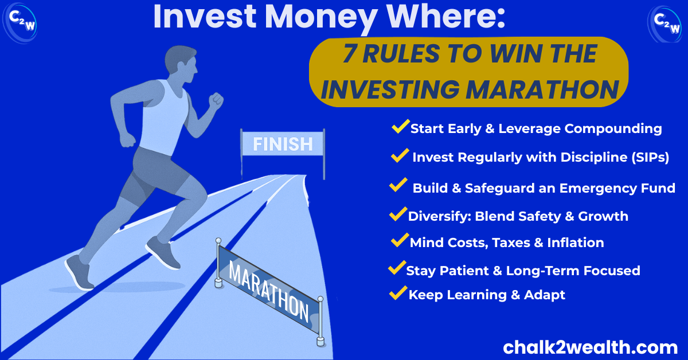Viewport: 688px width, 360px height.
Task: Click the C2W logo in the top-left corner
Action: click(20, 23)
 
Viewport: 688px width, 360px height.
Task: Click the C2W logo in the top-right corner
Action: click(664, 24)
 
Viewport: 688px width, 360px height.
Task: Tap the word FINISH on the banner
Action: click(283, 144)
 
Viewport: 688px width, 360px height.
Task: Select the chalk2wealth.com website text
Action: click(590, 347)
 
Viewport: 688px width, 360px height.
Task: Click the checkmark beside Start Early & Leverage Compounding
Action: click(401, 126)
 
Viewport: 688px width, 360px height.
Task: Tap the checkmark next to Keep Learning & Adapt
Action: click(398, 292)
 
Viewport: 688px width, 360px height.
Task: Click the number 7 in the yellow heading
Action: click(350, 53)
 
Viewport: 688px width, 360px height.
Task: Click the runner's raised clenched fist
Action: click(216, 101)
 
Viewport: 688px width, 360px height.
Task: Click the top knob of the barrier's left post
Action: click(218, 241)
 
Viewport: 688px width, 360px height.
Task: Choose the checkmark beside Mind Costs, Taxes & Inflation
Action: click(400, 240)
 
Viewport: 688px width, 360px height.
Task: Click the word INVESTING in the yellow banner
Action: click(390, 89)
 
